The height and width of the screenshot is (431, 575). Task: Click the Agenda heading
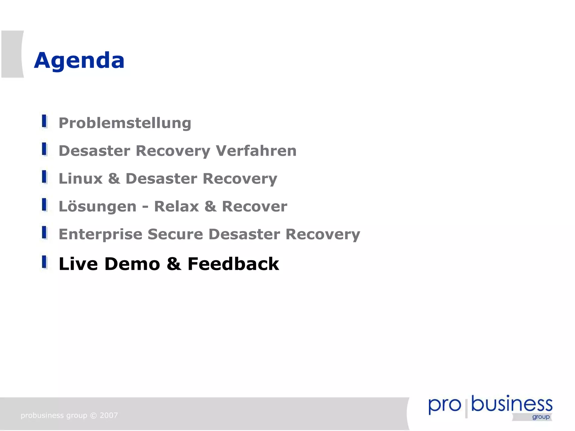(x=79, y=60)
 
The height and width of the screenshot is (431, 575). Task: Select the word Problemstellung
(x=125, y=123)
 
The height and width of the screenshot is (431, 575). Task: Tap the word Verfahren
(x=256, y=151)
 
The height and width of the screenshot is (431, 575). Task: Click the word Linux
(x=81, y=179)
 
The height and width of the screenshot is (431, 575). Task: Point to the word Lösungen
(x=97, y=207)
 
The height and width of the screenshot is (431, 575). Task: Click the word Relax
(x=177, y=206)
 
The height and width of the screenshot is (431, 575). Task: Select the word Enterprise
(x=101, y=234)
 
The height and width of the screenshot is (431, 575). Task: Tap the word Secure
(x=175, y=234)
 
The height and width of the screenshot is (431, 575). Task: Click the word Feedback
(x=233, y=264)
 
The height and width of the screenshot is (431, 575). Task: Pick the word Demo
(x=132, y=264)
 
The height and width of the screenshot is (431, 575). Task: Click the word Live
(x=78, y=264)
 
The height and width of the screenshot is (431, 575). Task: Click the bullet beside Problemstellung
(x=44, y=121)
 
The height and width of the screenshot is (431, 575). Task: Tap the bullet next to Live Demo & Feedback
(x=44, y=262)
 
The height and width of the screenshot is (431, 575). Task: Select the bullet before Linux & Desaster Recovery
(x=44, y=177)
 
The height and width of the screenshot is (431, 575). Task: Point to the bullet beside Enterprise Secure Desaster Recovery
(x=44, y=233)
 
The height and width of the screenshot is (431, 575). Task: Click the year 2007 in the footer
(x=109, y=415)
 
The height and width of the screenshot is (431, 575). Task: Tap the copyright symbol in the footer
(x=93, y=416)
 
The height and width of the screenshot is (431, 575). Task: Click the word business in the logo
(x=512, y=404)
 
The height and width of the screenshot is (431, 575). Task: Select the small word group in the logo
(x=541, y=417)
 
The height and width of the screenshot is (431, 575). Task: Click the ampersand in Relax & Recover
(x=210, y=206)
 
